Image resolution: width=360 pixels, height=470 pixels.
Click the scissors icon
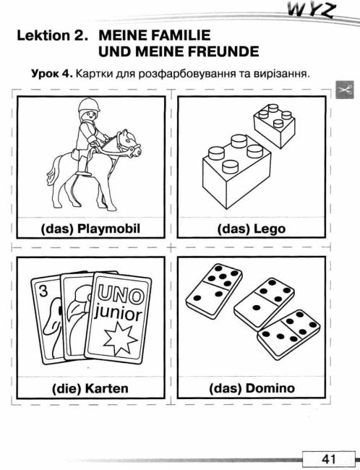coord(344,90)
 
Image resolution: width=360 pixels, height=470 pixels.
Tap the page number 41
coord(329,459)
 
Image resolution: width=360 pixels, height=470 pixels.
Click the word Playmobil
coord(109,229)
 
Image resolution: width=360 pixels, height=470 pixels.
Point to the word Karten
coord(107,388)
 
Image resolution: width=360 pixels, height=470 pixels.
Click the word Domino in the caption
coord(270,388)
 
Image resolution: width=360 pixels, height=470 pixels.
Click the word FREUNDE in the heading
coord(223,51)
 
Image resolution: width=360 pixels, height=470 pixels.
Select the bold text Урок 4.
coord(52,74)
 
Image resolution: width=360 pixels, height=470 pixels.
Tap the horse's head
coord(129,143)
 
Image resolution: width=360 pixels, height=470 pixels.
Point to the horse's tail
coord(51,174)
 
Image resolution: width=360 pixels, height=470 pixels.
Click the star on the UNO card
coord(120,338)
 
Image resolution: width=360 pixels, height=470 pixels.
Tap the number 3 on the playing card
coord(43,291)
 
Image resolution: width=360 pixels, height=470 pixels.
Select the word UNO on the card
coord(119,294)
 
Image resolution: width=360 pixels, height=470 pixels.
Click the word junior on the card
coord(118,315)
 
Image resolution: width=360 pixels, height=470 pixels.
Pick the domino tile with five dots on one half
coord(213,291)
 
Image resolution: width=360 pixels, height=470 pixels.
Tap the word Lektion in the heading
coord(43,35)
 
